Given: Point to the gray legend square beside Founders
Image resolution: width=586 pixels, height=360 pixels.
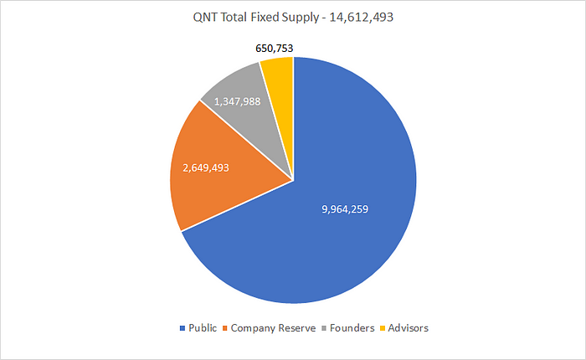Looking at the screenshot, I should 323,328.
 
